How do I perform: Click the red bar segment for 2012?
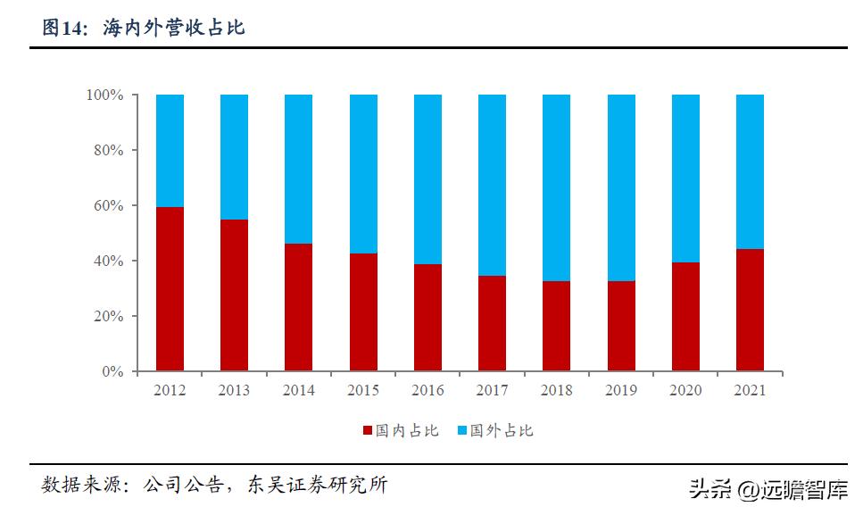tap(170, 289)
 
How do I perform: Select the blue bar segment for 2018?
tap(557, 187)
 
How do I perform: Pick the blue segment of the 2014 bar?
tap(299, 169)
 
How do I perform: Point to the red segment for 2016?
tap(427, 318)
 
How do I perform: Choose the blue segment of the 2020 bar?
tap(685, 179)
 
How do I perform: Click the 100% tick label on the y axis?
tap(105, 96)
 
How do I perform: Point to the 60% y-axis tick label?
tap(109, 206)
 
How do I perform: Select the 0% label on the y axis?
tap(112, 371)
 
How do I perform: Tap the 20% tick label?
tap(109, 317)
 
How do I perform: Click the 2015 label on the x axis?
tap(363, 391)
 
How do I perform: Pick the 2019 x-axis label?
tap(621, 391)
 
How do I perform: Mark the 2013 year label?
tap(234, 391)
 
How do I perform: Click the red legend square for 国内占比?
tap(367, 431)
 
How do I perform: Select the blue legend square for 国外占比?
tap(461, 431)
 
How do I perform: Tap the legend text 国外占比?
tap(502, 431)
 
